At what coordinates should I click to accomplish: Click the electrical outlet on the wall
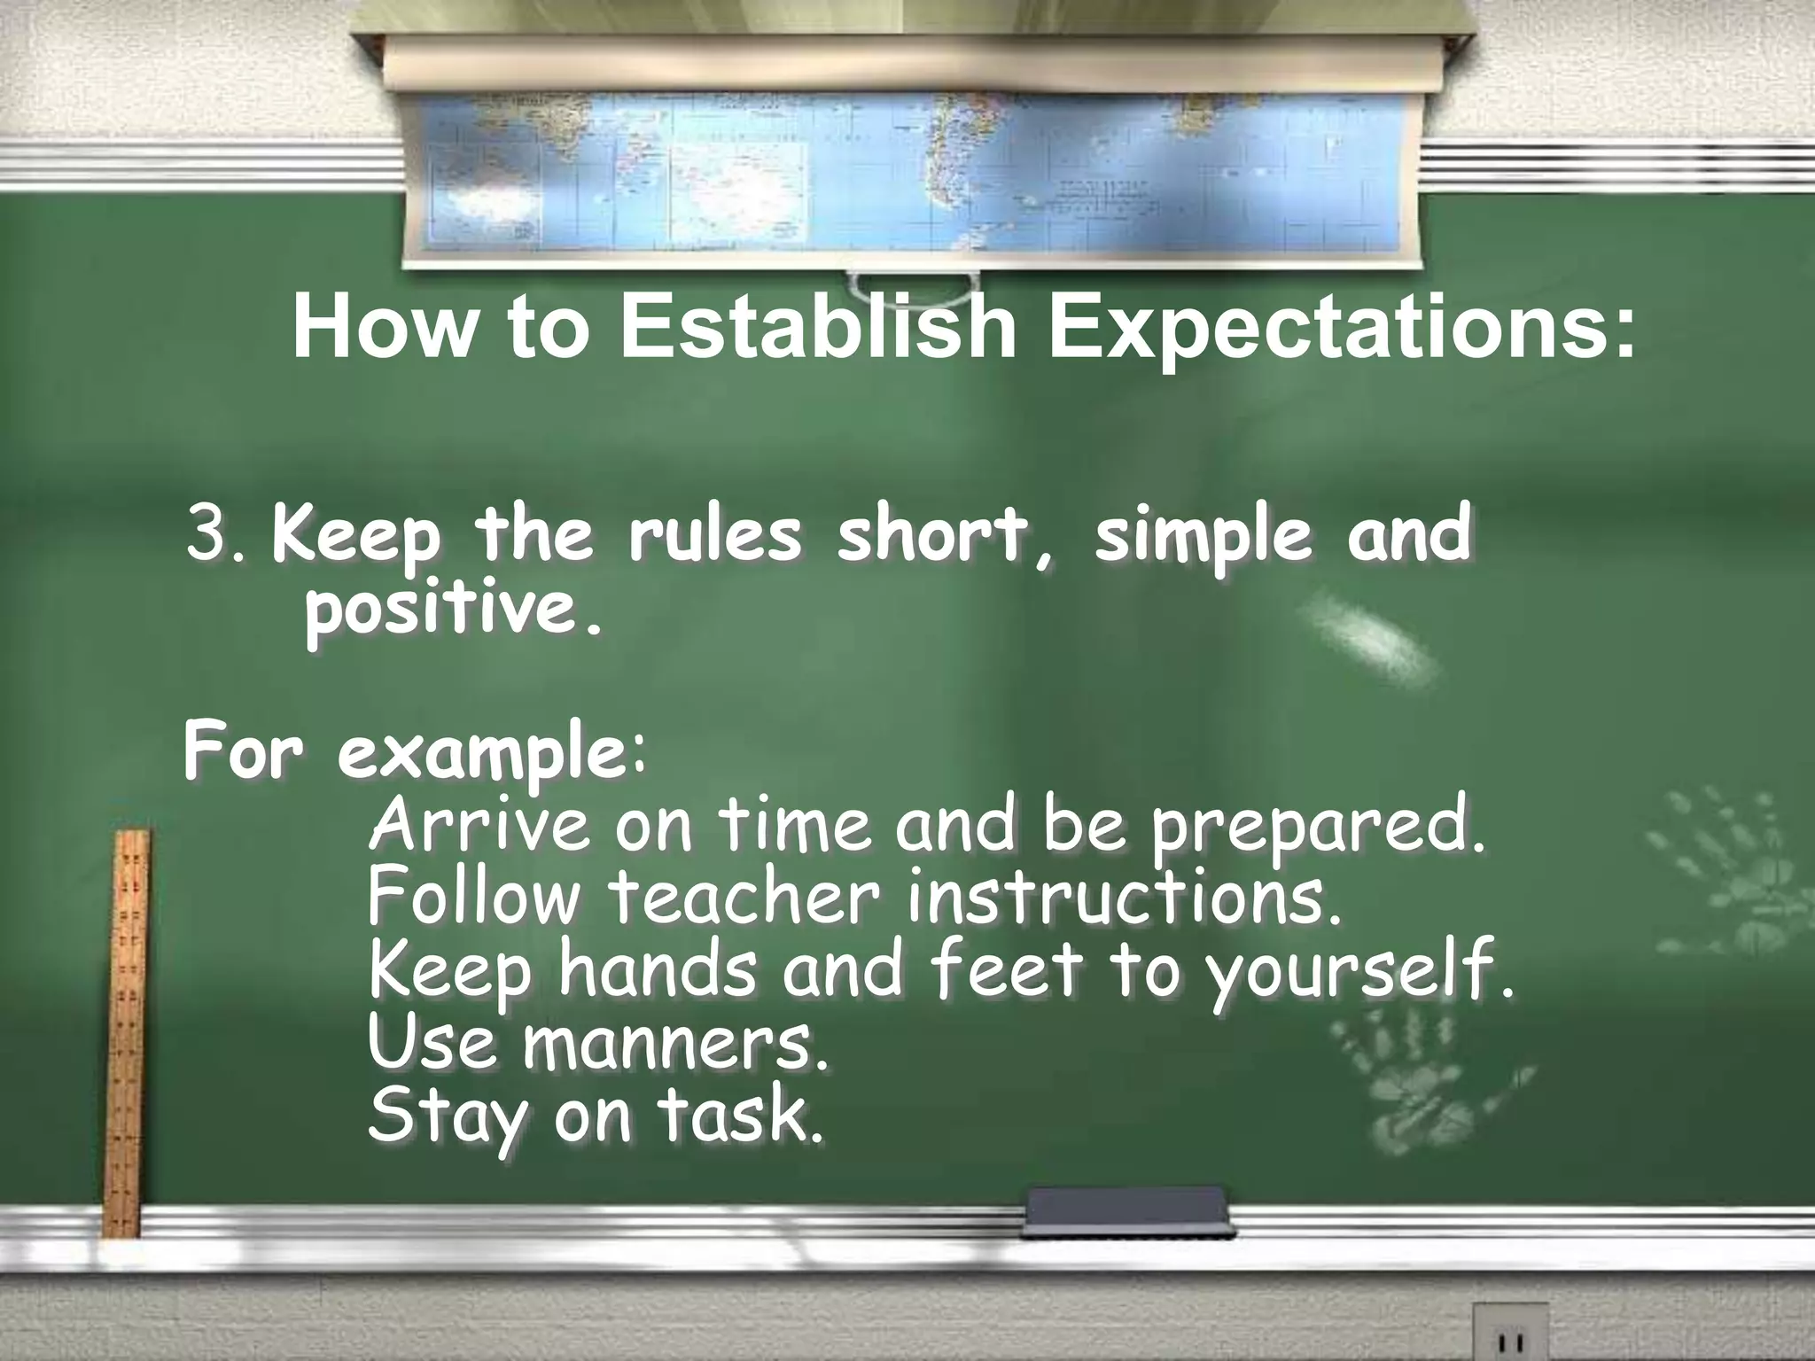pos(1509,1333)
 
